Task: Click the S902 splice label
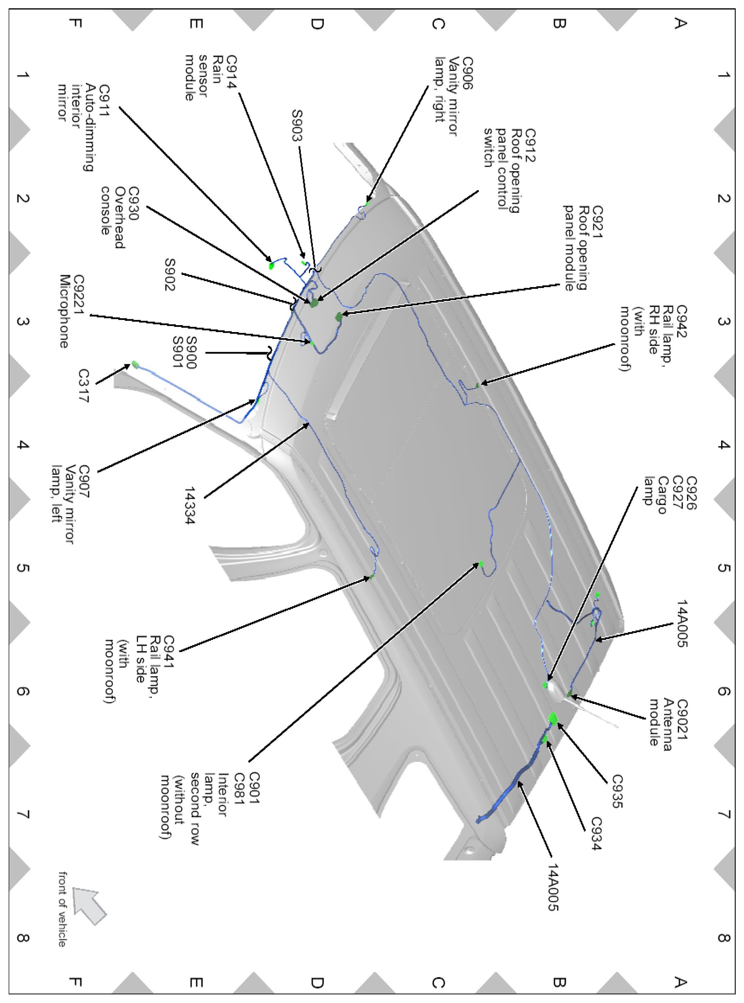(171, 275)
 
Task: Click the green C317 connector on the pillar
(135, 364)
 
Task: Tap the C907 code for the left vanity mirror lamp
(84, 482)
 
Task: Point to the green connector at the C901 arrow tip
(481, 564)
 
